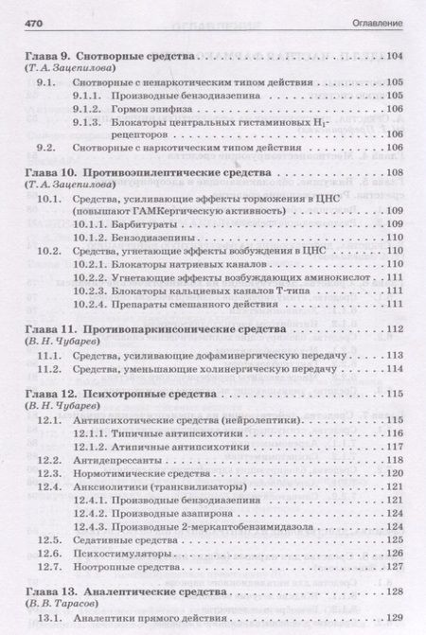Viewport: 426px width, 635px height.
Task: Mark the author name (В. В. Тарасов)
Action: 62,605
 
